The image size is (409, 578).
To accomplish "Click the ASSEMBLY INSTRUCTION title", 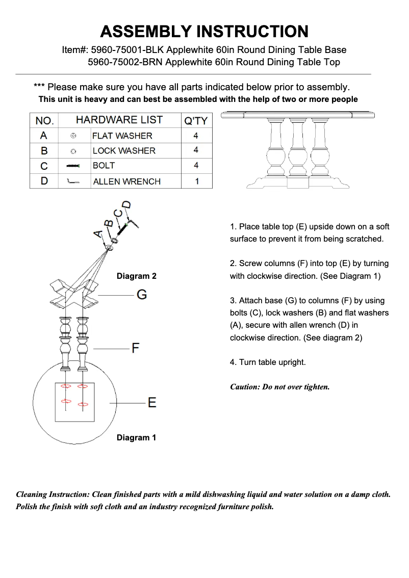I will tap(204, 32).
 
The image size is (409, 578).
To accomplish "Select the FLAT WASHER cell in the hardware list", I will tap(122, 136).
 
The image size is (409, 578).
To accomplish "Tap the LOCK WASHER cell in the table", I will tap(124, 151).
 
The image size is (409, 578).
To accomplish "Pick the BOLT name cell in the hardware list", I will tap(104, 166).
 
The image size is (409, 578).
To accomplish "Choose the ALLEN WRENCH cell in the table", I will tap(126, 181).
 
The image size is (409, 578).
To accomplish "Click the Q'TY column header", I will tap(196, 121).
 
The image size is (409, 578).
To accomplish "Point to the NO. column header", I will tap(44, 121).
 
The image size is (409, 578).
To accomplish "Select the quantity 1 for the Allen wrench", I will tap(196, 181).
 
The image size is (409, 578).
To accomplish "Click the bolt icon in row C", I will tap(74, 166).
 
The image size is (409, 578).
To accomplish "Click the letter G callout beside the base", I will tap(142, 295).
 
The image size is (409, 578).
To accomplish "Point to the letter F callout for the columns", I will tap(136, 349).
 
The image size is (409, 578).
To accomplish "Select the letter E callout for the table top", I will tap(151, 403).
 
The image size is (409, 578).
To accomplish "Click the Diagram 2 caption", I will tap(136, 276).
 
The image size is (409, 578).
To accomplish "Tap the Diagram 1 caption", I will tap(136, 438).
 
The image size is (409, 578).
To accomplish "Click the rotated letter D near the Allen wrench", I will tap(126, 205).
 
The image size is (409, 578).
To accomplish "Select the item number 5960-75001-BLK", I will tap(127, 50).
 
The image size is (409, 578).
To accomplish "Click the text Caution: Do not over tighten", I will tap(280, 387).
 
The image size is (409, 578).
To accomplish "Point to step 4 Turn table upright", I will tap(268, 362).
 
